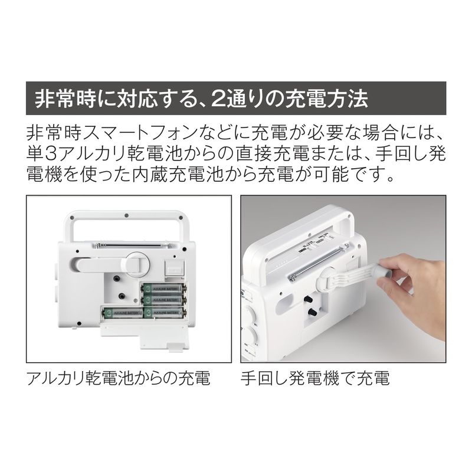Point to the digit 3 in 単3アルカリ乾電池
51,153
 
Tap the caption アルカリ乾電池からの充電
119,378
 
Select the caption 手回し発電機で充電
315,378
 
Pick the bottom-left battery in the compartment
123,313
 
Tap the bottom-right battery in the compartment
164,313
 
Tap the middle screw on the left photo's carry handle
126,215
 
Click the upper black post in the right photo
308,299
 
